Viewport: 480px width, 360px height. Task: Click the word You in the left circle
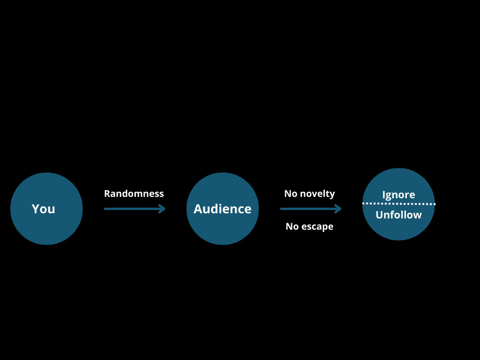click(x=43, y=209)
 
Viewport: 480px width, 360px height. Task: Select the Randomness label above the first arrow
click(x=134, y=194)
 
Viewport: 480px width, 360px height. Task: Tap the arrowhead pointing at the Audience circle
click(x=163, y=209)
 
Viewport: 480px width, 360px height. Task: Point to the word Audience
click(x=222, y=209)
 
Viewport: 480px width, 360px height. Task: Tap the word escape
click(x=317, y=226)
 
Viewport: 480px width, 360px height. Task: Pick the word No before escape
click(x=292, y=226)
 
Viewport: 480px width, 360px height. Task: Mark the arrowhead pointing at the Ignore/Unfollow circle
click(x=338, y=209)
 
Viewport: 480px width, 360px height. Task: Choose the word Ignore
click(x=398, y=195)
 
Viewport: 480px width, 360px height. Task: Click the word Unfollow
click(x=398, y=215)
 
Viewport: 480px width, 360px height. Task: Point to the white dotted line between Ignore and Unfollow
click(x=398, y=204)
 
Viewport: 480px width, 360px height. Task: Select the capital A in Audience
click(x=198, y=209)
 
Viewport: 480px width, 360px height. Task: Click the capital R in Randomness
click(x=107, y=194)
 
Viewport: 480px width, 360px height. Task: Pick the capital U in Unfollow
click(x=379, y=215)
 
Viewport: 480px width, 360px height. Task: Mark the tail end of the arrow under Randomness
click(x=105, y=209)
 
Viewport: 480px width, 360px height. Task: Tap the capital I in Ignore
click(x=384, y=195)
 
